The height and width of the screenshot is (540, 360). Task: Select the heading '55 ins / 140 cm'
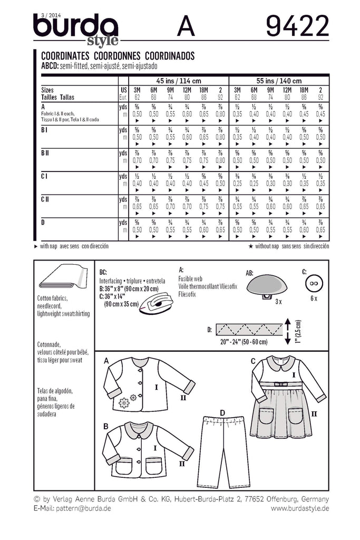[x=279, y=81]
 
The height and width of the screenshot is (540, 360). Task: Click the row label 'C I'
[x=45, y=176]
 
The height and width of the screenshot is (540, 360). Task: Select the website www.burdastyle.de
[x=300, y=508]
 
